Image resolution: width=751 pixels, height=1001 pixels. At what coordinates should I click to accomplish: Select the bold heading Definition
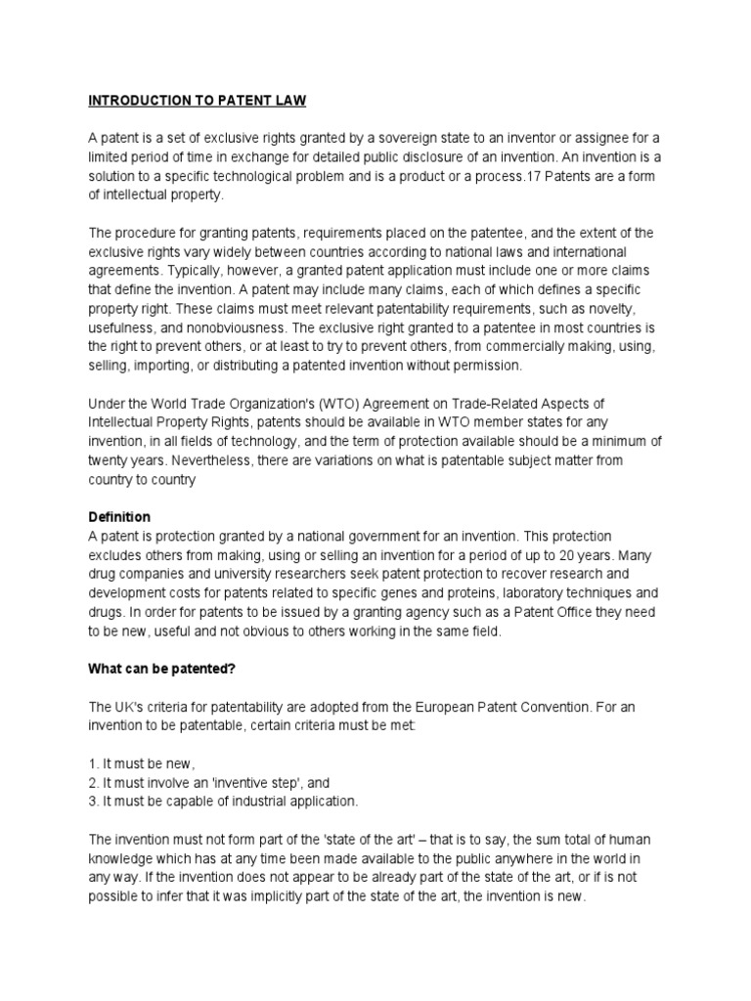119,516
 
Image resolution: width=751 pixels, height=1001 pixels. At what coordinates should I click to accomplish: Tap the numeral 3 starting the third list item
93,802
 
